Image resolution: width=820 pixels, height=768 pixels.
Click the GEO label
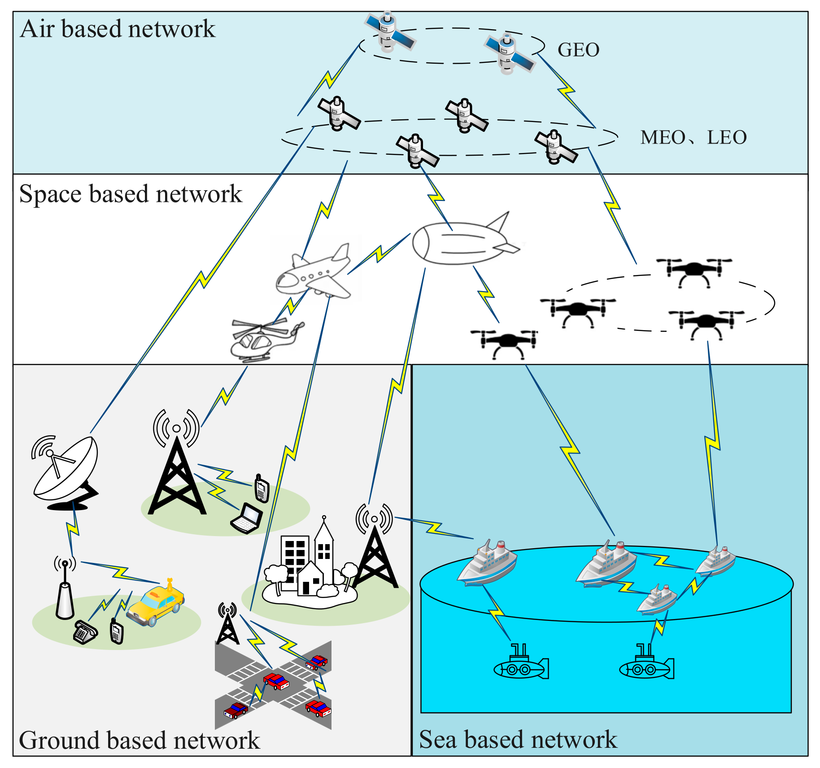tap(578, 50)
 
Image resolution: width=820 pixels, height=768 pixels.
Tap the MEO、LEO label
tap(693, 137)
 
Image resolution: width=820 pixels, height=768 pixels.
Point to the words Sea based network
tap(518, 740)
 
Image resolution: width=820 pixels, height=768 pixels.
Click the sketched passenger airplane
tap(314, 274)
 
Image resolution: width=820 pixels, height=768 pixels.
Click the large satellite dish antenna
tap(67, 471)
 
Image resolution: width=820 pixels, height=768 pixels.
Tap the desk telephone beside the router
tap(85, 632)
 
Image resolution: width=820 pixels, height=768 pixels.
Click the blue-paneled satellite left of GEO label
tap(509, 54)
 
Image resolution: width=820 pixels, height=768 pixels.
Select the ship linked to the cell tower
tap(488, 563)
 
